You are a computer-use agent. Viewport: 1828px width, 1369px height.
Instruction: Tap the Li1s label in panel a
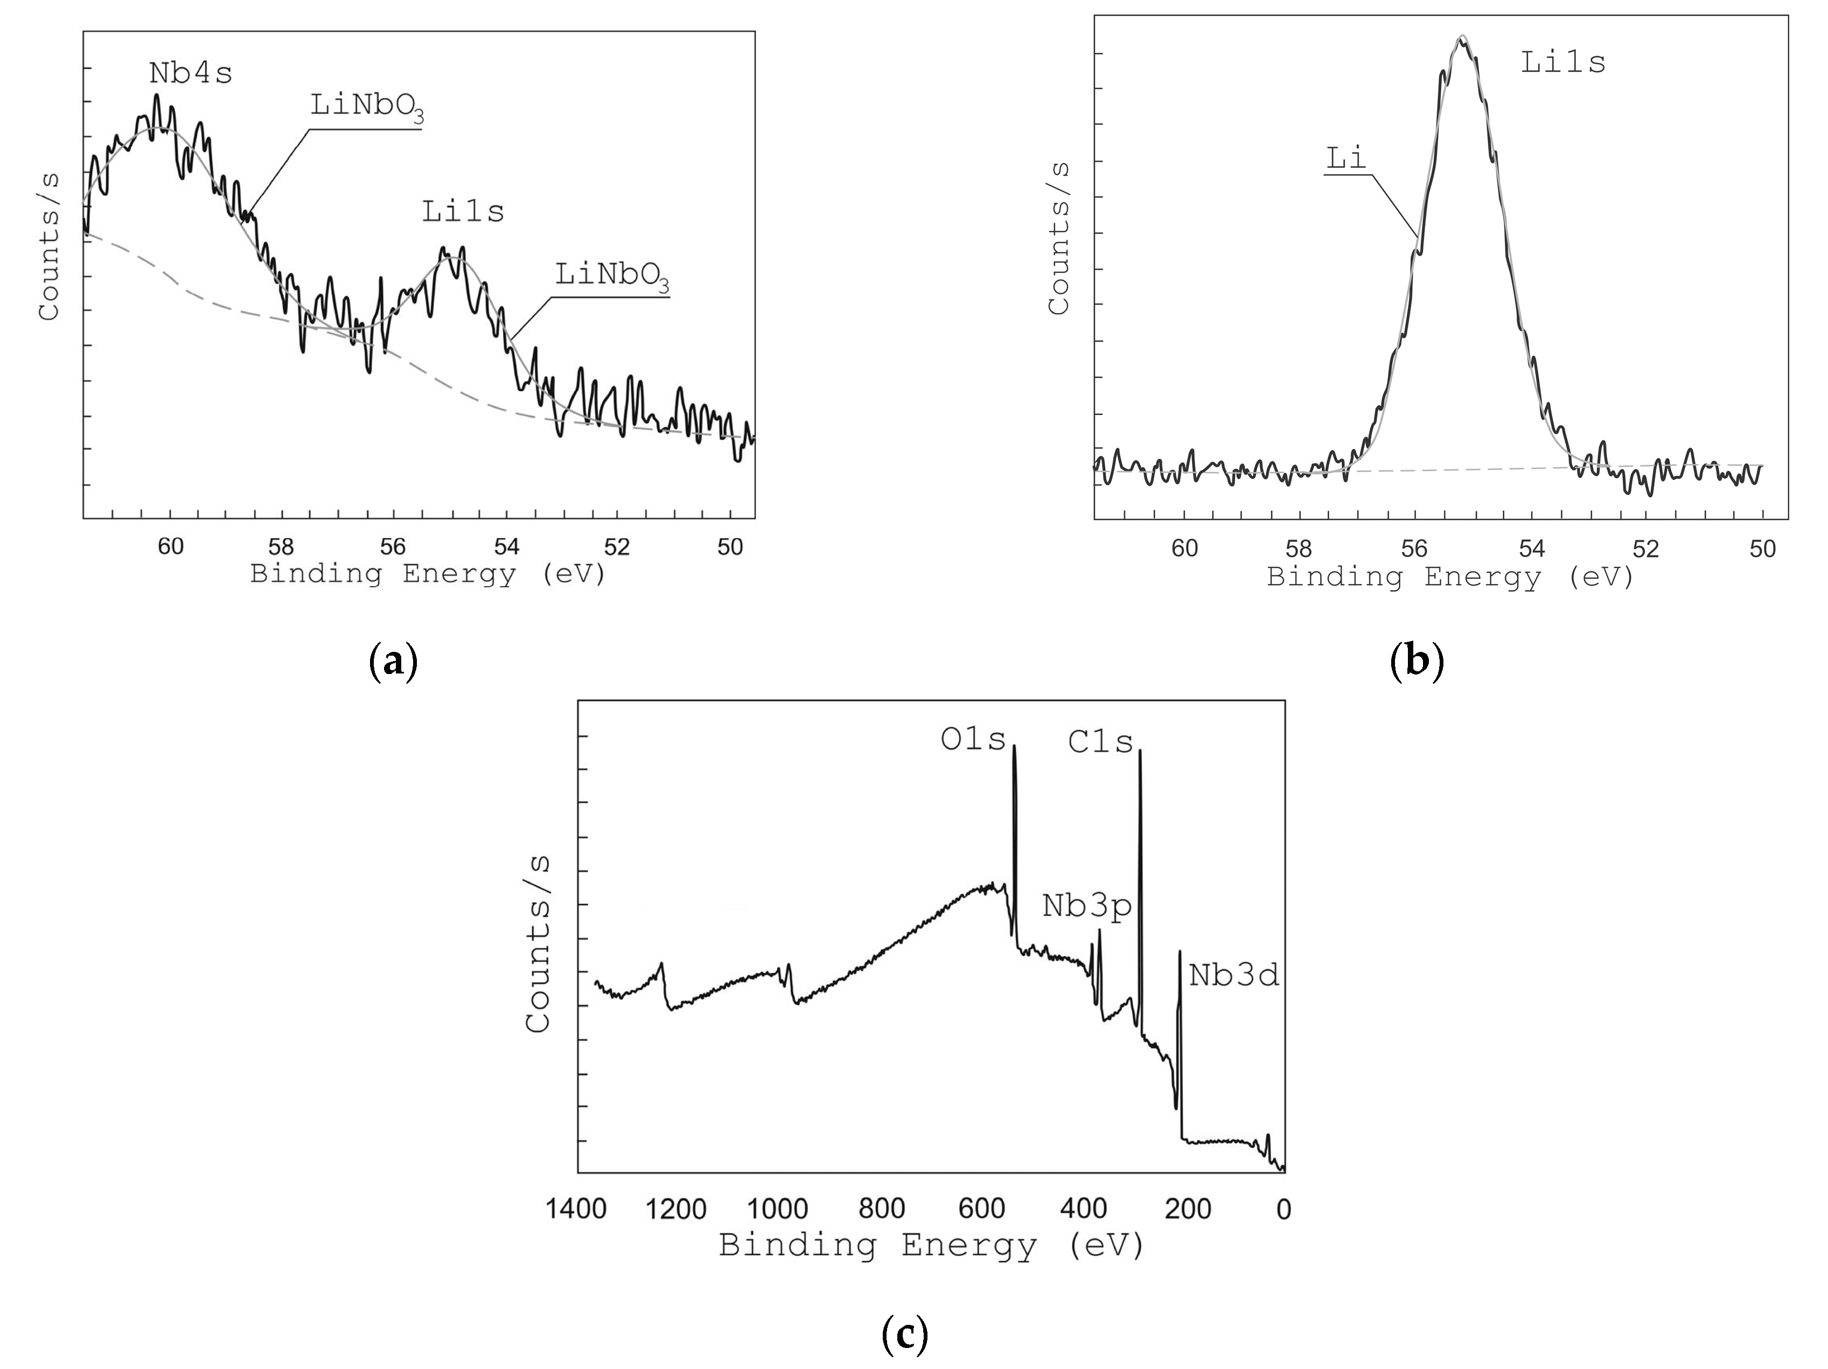(x=463, y=212)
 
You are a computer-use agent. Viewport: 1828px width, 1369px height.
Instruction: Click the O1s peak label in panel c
(x=973, y=740)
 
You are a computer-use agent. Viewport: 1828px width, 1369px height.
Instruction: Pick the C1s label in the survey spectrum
(x=1100, y=742)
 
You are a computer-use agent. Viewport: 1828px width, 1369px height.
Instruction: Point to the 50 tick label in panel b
(x=1763, y=550)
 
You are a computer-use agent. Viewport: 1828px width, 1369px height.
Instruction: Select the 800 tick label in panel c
(x=882, y=1210)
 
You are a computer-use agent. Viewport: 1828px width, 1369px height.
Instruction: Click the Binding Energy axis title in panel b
(x=1450, y=577)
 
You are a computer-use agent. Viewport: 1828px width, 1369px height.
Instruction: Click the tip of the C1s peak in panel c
(x=1140, y=750)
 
